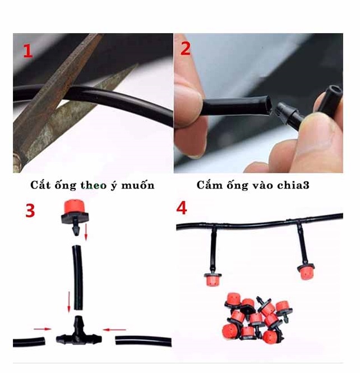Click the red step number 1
click(x=28, y=52)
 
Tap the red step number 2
click(x=186, y=49)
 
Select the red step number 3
click(x=30, y=210)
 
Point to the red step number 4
click(x=182, y=208)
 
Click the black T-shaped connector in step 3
click(x=79, y=330)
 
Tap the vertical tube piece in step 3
click(x=77, y=278)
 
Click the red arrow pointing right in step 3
click(x=42, y=329)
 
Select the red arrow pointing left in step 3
click(x=114, y=329)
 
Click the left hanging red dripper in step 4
click(x=213, y=279)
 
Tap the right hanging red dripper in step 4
click(x=306, y=271)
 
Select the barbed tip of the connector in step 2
click(x=280, y=109)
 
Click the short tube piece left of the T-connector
click(x=29, y=342)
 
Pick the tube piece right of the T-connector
click(x=144, y=342)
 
